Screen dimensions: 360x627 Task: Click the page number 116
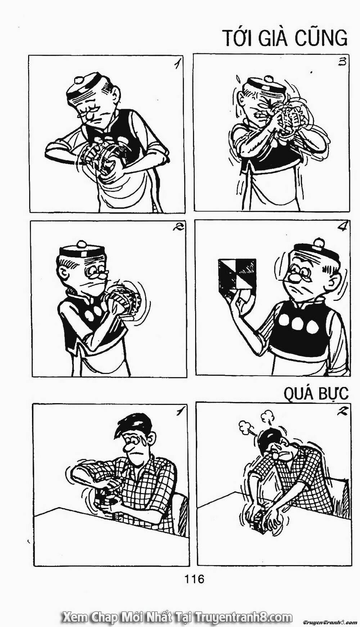coord(194,579)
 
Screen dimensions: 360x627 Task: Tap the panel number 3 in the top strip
coord(342,62)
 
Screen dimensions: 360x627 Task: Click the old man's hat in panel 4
coord(316,251)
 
